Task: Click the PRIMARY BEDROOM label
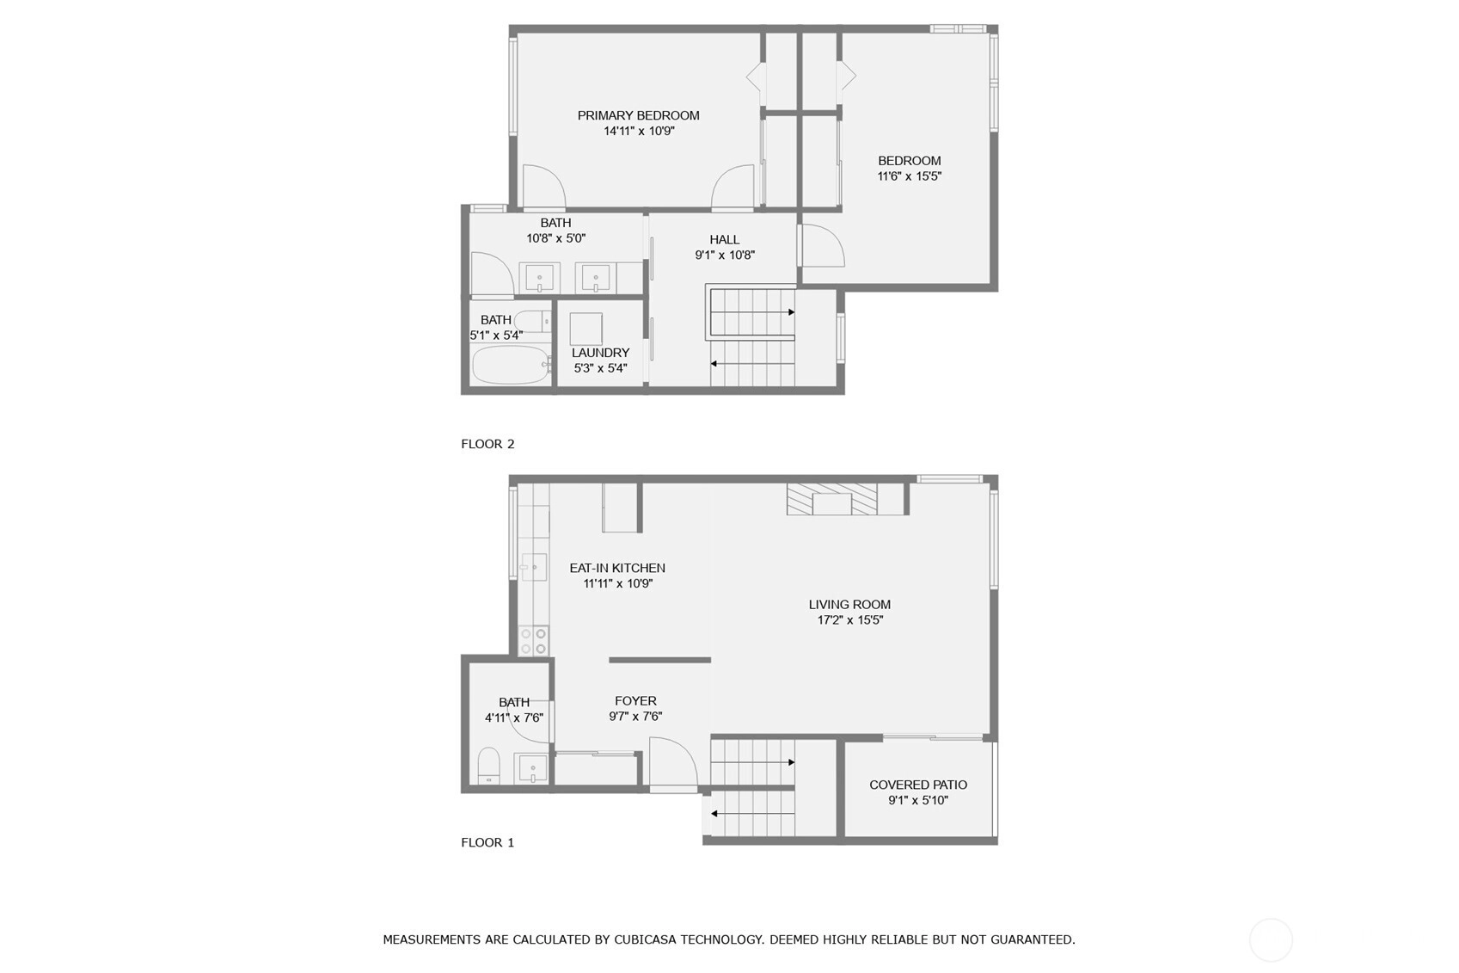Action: point(638,115)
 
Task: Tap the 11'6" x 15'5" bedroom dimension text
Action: point(910,176)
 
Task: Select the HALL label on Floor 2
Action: point(724,239)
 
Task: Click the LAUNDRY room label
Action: point(600,353)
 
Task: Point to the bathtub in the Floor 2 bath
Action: point(510,365)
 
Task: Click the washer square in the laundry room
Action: point(585,329)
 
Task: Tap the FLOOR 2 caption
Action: point(487,444)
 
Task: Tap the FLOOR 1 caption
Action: point(487,842)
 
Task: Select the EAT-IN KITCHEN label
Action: point(617,568)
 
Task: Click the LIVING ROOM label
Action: point(850,604)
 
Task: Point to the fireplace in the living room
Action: point(831,499)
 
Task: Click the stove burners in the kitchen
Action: point(533,640)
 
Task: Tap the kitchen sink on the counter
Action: point(534,567)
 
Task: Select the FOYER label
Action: point(635,700)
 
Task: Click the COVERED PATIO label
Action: point(918,785)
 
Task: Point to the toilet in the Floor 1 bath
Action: point(488,765)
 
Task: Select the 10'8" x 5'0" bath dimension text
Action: point(556,238)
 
